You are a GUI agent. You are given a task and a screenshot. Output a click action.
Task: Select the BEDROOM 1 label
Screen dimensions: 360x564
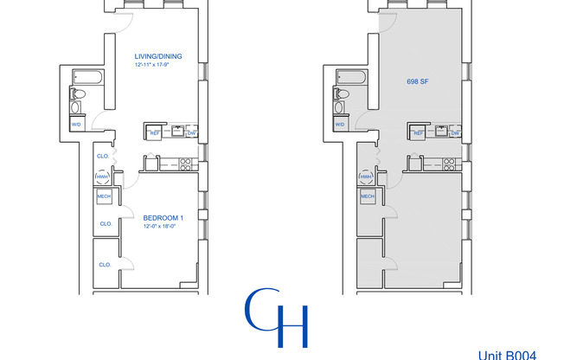pyautogui.click(x=160, y=216)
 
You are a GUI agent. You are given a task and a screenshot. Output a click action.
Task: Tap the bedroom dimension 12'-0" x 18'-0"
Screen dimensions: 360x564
pyautogui.click(x=160, y=226)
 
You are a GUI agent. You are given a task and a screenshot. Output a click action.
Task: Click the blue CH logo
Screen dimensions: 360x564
pyautogui.click(x=277, y=318)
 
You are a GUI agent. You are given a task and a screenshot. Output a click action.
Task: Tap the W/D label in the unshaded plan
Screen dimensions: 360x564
pyautogui.click(x=77, y=125)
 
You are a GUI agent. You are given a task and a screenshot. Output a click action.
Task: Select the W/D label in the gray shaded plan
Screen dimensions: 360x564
pyautogui.click(x=340, y=125)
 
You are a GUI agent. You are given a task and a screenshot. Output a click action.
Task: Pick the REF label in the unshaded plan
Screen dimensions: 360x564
pyautogui.click(x=156, y=132)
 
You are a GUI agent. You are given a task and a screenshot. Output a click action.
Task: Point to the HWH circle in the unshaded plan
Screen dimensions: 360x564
pyautogui.click(x=103, y=177)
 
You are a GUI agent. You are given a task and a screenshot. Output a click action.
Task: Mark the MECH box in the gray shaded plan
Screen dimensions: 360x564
pyautogui.click(x=367, y=196)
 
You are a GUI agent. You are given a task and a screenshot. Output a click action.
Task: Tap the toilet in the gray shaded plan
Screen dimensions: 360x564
pyautogui.click(x=342, y=93)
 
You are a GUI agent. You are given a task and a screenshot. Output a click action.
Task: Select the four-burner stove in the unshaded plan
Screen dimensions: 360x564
pyautogui.click(x=184, y=162)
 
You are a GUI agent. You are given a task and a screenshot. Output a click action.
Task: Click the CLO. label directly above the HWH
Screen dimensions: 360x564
pyautogui.click(x=103, y=157)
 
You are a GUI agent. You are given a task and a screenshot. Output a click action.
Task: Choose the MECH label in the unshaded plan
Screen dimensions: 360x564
pyautogui.click(x=104, y=196)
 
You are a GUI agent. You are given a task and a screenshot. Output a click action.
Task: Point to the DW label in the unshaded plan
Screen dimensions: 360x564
pyautogui.click(x=191, y=132)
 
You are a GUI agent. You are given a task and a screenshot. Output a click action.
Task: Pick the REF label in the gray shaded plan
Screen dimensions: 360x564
pyautogui.click(x=419, y=132)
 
